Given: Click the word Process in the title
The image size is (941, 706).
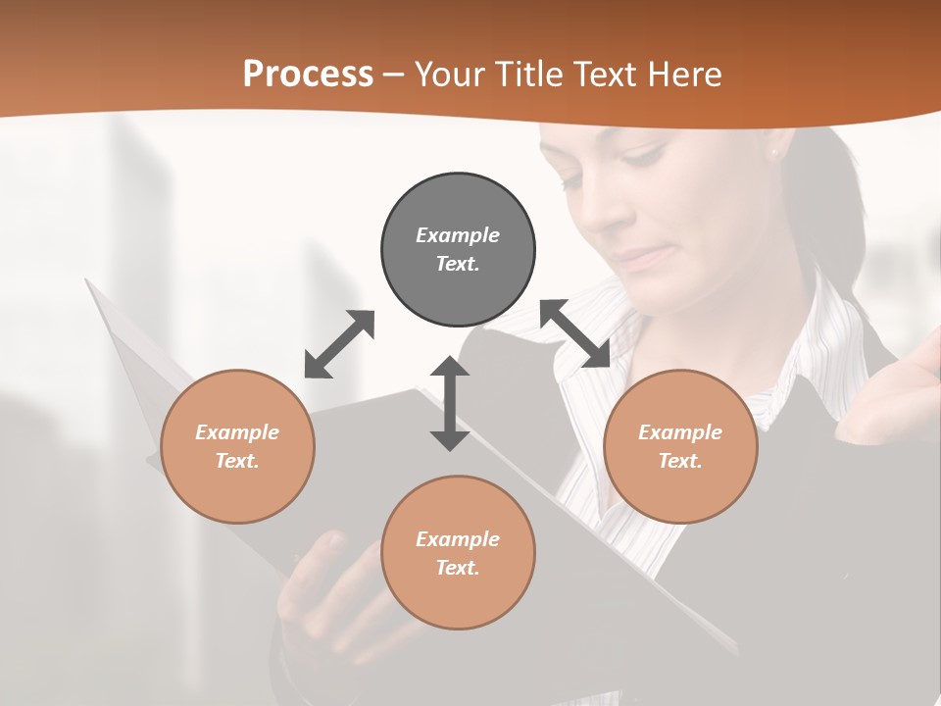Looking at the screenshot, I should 308,75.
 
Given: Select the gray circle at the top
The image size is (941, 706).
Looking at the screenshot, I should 458,249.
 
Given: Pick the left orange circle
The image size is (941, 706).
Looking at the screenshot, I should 237,446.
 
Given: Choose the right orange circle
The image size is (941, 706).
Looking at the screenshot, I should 680,446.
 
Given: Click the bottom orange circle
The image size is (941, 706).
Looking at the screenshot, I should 458,552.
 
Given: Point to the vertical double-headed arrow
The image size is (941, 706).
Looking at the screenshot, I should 450,403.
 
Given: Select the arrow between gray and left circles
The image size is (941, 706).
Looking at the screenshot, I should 339,344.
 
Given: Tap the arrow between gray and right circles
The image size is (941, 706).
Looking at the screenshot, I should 575,334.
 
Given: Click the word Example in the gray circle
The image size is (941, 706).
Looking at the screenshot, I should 458,235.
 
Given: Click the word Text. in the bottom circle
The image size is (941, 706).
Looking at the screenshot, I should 458,568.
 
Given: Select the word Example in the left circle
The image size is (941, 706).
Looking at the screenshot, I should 237,432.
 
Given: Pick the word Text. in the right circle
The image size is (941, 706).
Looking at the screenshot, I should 680,461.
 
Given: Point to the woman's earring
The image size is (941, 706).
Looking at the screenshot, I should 772,152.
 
